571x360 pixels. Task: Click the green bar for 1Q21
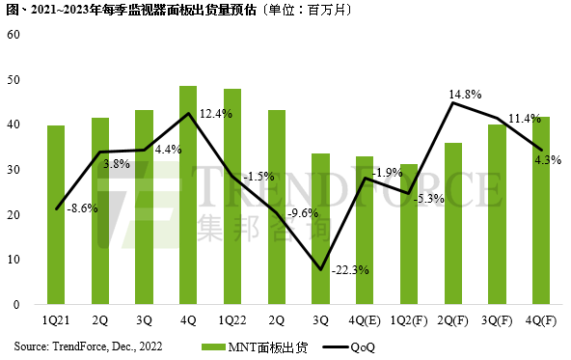point(56,215)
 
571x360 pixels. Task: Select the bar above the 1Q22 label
point(232,197)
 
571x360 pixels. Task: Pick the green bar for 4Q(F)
point(542,210)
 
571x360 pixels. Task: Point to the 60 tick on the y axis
point(13,35)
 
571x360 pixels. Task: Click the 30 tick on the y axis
point(13,170)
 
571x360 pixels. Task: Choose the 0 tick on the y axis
point(15,305)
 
